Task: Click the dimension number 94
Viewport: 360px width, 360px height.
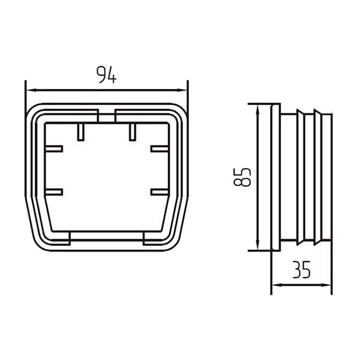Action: click(106, 74)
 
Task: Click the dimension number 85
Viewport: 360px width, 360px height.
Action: click(242, 177)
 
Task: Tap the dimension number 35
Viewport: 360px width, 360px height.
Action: click(302, 269)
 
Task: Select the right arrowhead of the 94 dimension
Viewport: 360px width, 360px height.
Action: click(182, 91)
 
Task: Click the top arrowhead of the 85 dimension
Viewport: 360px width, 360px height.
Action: click(257, 110)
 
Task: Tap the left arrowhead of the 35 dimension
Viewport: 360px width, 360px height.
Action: click(277, 285)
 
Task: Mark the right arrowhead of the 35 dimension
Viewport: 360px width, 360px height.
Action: click(326, 285)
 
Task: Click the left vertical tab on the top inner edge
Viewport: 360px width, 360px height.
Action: click(80, 132)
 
